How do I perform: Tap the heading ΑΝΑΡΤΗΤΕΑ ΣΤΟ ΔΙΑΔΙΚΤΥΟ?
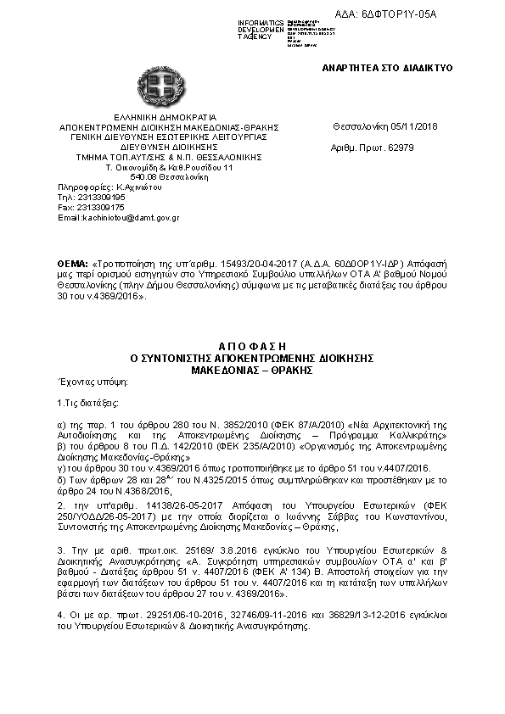point(387,67)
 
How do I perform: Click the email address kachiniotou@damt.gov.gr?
point(131,218)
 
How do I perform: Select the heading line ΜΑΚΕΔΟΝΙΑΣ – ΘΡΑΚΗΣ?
point(253,371)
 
